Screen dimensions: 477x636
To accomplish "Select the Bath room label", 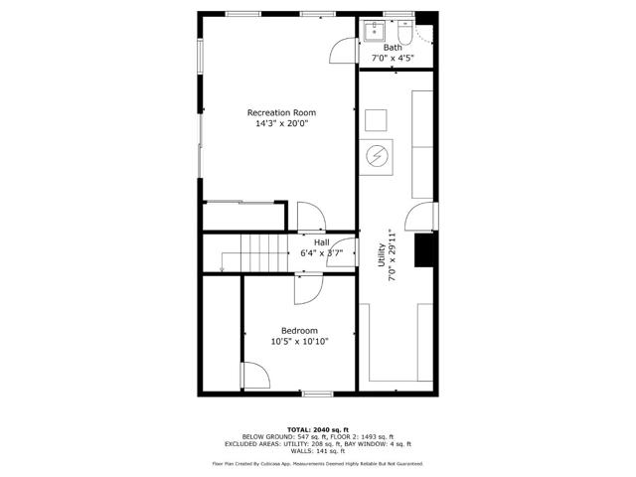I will pos(394,48).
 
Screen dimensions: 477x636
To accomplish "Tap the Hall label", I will pos(322,242).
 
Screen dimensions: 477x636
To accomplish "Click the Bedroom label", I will pos(299,331).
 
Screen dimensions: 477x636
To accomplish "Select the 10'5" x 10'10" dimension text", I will pos(299,343).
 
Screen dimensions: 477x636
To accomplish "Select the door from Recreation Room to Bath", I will pos(343,51).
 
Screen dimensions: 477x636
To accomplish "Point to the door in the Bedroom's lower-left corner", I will pos(254,377).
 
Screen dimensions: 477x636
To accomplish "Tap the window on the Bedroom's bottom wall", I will pos(316,394).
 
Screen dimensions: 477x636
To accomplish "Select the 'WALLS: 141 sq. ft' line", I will pos(317,451).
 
